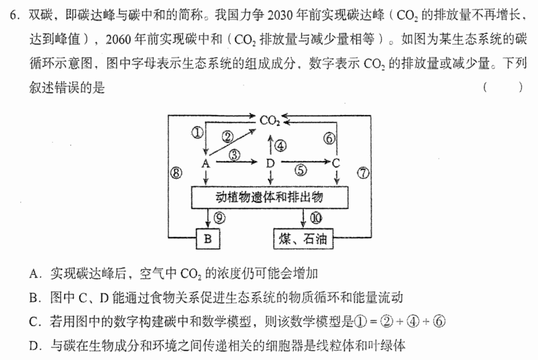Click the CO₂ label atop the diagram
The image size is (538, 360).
(x=270, y=120)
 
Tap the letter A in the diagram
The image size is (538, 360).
(x=206, y=163)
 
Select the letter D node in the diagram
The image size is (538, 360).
(x=271, y=163)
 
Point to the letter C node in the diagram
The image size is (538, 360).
(x=336, y=162)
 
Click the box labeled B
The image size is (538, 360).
(x=208, y=238)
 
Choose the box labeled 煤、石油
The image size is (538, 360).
(x=303, y=238)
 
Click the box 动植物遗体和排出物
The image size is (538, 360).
(x=270, y=198)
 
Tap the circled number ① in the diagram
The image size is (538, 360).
(x=198, y=133)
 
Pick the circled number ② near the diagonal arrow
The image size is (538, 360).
(x=227, y=137)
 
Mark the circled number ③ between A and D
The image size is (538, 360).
(x=235, y=155)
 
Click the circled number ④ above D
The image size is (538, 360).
(x=280, y=146)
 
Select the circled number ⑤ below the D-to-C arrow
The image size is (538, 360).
(x=300, y=171)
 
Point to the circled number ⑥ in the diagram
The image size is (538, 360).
(x=330, y=138)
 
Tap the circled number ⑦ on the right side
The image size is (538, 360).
(x=363, y=173)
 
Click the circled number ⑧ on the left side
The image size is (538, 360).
(x=177, y=173)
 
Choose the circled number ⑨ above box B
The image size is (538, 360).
(x=219, y=218)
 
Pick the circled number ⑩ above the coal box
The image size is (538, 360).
(x=316, y=218)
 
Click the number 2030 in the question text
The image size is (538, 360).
(x=279, y=16)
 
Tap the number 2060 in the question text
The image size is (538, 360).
(x=118, y=40)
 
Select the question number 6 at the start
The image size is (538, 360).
(x=13, y=16)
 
